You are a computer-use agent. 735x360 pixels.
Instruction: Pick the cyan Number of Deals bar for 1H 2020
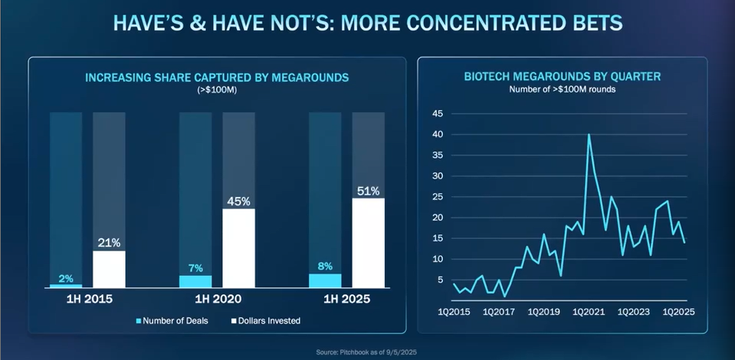tap(195, 281)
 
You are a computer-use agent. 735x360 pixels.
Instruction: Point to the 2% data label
tap(66, 277)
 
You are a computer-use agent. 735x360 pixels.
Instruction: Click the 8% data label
tap(324, 267)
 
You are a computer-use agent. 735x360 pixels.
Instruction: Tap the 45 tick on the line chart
tap(438, 114)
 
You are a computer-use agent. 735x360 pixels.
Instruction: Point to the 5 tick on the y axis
tap(441, 280)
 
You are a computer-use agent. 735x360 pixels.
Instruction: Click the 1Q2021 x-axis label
tap(589, 312)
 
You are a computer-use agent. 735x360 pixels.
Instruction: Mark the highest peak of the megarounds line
tap(589, 135)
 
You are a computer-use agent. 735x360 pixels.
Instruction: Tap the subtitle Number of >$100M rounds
tap(563, 89)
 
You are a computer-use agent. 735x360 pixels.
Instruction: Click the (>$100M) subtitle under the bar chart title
tap(218, 90)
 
